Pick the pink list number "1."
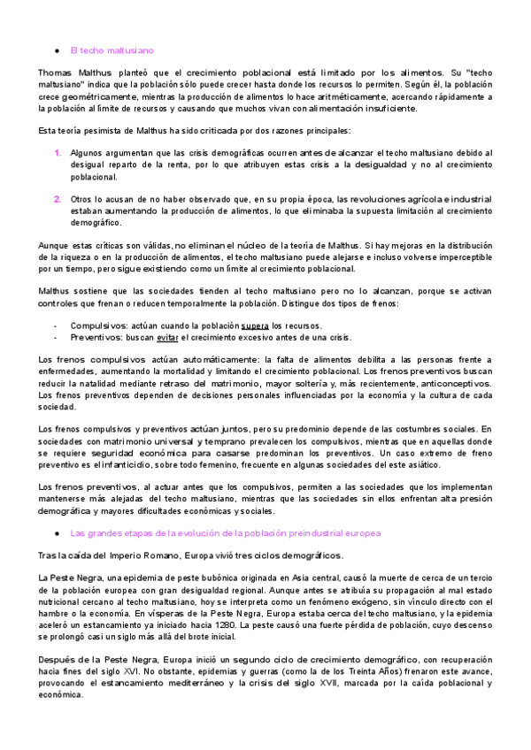point(58,153)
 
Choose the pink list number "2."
point(58,199)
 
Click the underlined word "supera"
point(255,325)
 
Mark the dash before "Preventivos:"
point(56,337)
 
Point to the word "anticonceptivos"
point(450,383)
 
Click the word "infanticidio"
point(111,463)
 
